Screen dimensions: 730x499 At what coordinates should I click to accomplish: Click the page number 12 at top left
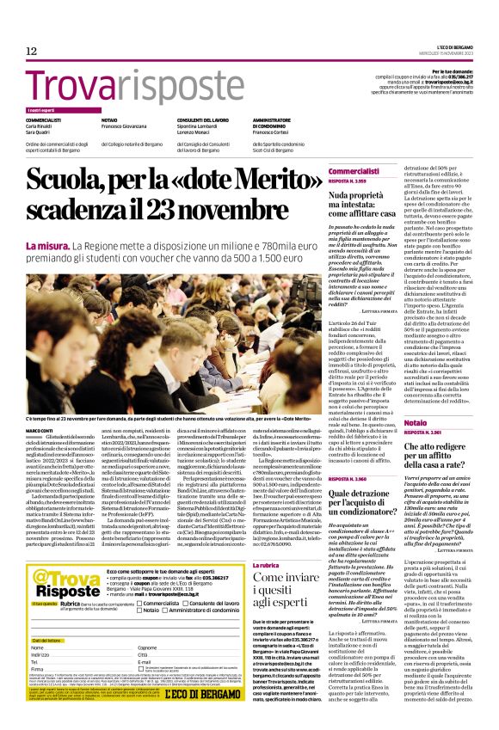click(31, 51)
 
